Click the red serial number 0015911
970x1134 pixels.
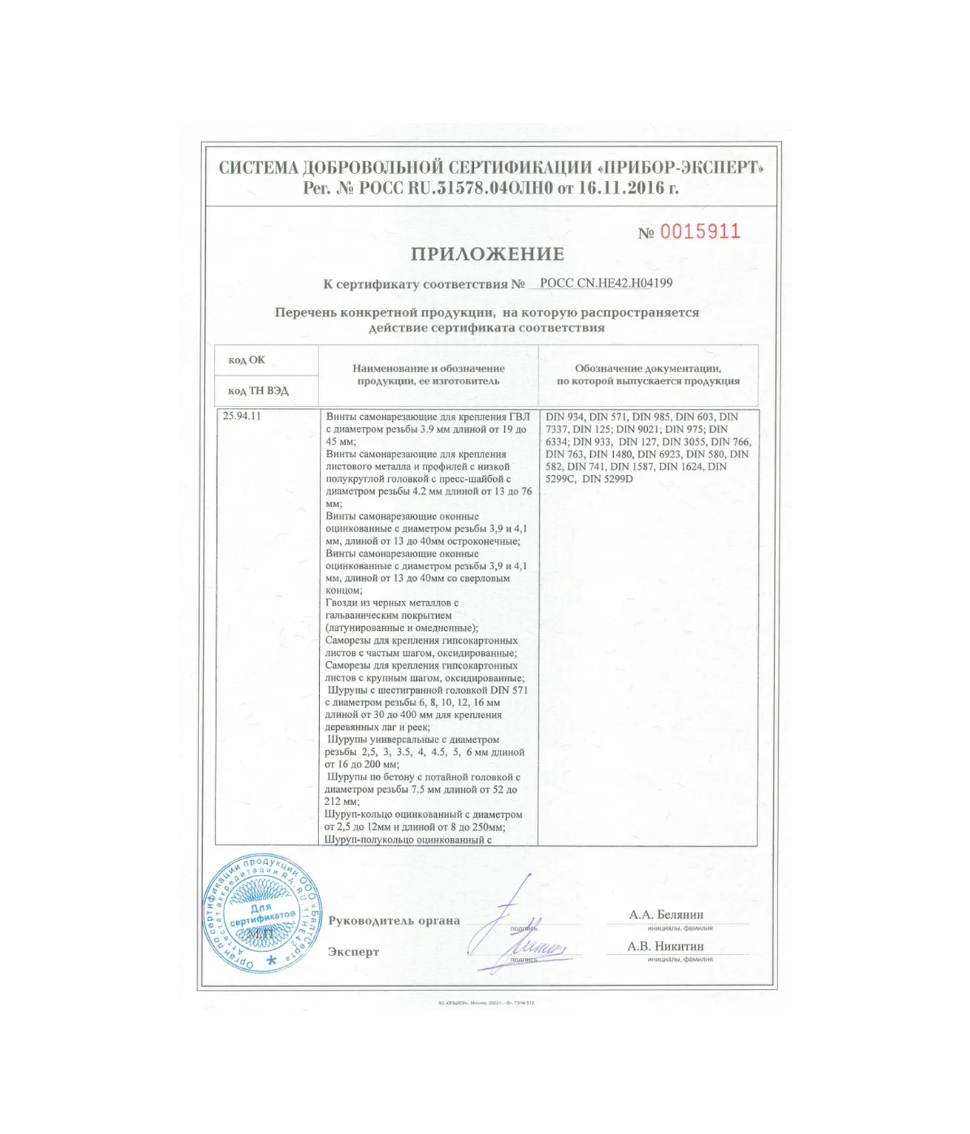tap(699, 232)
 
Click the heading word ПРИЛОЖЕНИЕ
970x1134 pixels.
tap(487, 255)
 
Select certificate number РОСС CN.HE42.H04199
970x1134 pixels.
tap(606, 283)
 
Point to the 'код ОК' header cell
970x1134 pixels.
tap(247, 360)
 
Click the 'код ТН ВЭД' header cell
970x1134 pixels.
tap(258, 390)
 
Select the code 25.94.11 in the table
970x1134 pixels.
tap(241, 416)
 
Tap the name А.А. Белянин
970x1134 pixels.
tap(666, 915)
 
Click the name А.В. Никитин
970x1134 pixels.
tap(665, 946)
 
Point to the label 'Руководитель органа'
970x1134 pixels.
tap(394, 921)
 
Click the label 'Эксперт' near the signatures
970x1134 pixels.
tap(353, 952)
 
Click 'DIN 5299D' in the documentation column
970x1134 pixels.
tap(608, 479)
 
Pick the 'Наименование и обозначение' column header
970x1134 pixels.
tap(428, 368)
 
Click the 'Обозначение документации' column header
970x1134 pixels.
tap(648, 368)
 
